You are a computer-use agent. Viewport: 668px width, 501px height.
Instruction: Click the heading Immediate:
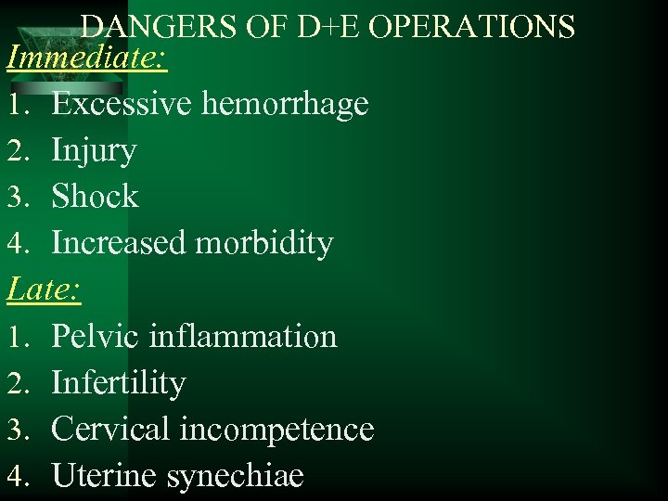pos(87,59)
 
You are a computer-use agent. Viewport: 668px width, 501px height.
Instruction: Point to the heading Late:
pos(44,290)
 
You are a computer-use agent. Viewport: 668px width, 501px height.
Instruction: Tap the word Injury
pos(94,151)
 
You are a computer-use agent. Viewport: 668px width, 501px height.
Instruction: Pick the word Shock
pos(95,197)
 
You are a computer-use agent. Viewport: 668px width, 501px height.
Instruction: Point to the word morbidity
pos(264,244)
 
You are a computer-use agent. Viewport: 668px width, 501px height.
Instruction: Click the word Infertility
pos(119,383)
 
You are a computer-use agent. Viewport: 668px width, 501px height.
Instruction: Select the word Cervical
pos(110,429)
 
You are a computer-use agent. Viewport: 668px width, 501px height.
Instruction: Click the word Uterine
pos(105,475)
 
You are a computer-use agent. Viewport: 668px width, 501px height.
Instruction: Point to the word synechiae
pos(236,477)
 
